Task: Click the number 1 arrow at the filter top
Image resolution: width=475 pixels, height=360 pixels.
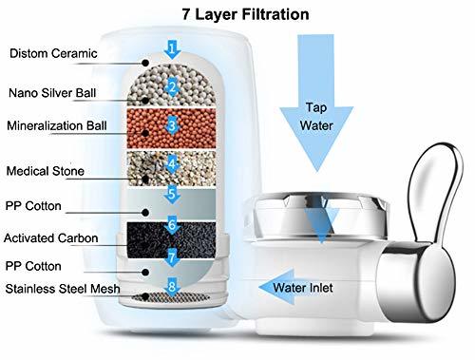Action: [x=170, y=47]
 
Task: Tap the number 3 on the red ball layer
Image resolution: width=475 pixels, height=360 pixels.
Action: [x=172, y=124]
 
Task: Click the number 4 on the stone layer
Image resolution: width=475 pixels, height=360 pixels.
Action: [x=172, y=162]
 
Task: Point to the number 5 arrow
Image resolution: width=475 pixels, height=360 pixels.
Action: [x=172, y=195]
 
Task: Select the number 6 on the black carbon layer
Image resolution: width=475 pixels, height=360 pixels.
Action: [x=172, y=226]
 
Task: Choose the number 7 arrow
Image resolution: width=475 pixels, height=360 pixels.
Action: [x=172, y=256]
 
